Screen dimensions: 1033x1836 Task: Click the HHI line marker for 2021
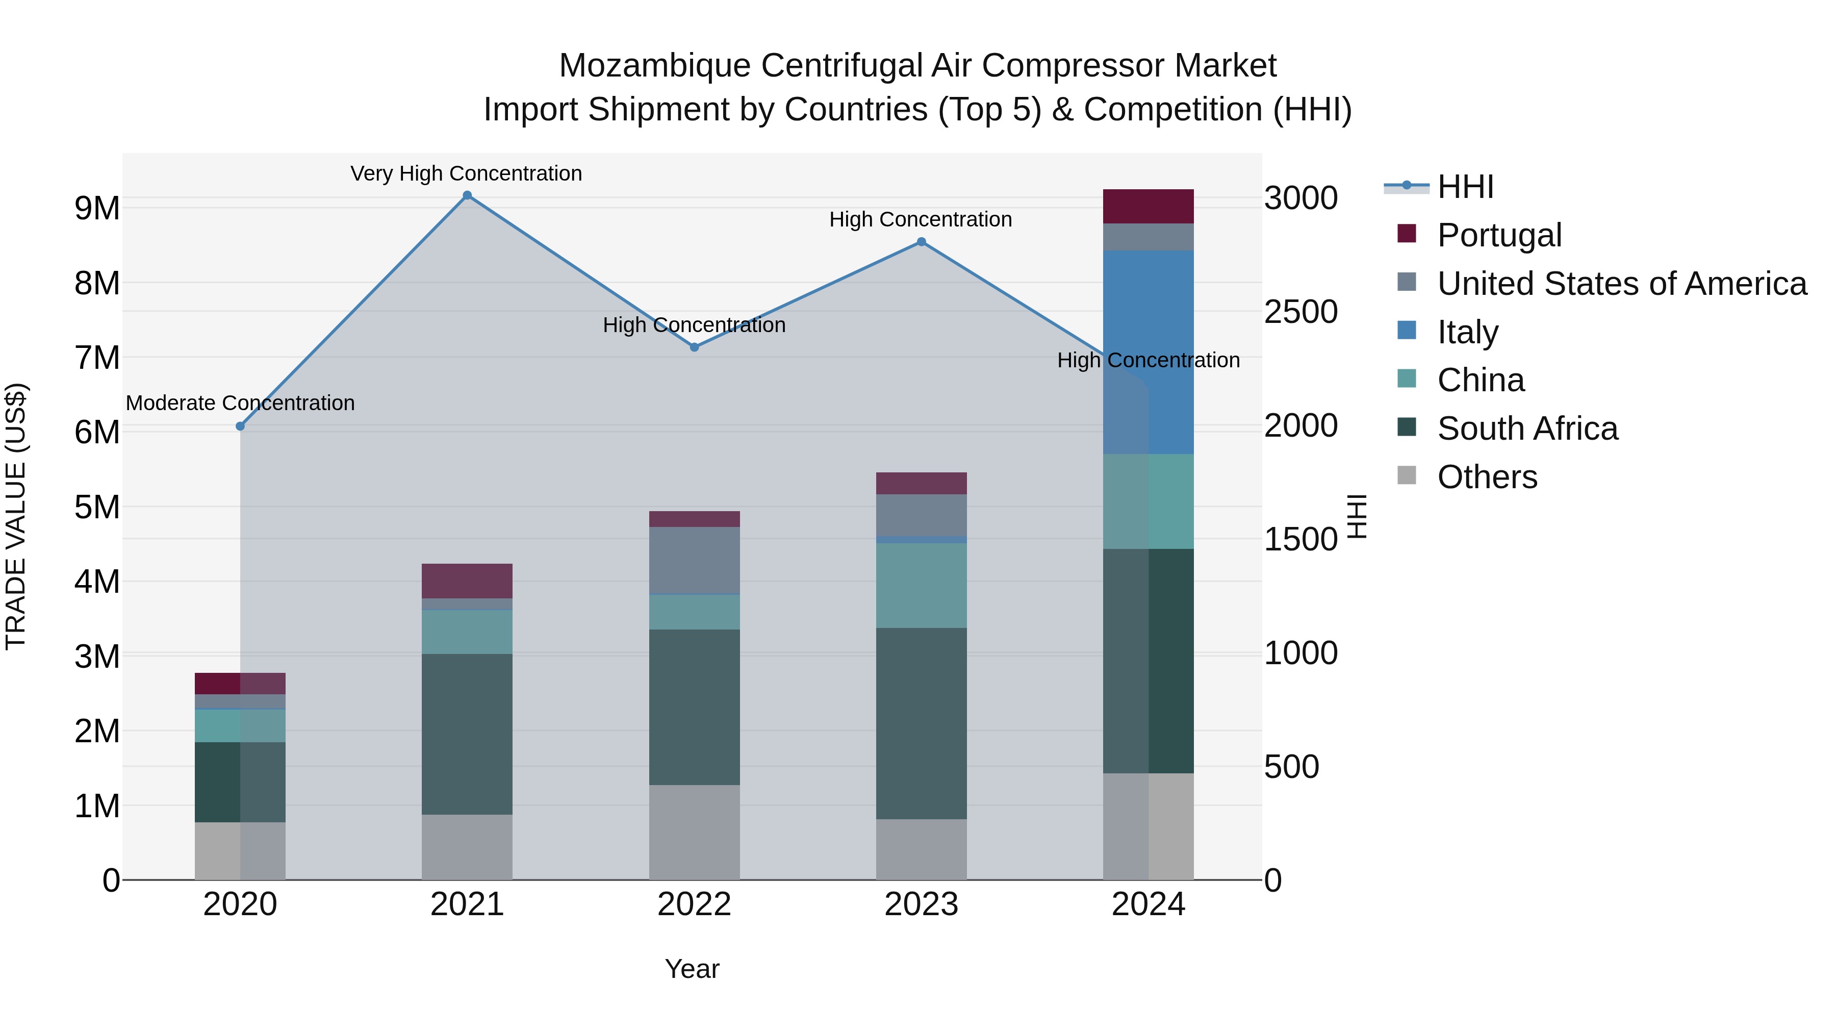467,195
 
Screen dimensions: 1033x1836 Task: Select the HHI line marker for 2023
921,242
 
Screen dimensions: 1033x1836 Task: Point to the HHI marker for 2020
240,426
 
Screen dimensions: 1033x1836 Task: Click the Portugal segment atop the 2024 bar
1148,206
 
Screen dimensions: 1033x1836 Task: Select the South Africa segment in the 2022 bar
694,707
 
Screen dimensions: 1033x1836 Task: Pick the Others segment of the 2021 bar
467,846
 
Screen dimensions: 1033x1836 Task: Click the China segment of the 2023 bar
921,585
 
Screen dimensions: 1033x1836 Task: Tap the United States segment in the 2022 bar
694,560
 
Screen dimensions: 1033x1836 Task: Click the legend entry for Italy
1467,332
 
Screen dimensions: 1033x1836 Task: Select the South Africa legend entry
1526,429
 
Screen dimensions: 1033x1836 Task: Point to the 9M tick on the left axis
97,208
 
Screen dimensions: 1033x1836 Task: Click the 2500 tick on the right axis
1300,312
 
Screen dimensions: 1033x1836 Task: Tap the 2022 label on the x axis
694,904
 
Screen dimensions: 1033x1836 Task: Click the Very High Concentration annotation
466,173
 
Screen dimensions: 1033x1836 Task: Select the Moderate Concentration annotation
240,403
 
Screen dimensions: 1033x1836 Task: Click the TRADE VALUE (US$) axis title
16,516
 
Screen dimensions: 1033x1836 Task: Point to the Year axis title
692,969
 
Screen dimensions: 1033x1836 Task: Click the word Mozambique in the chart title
654,66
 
